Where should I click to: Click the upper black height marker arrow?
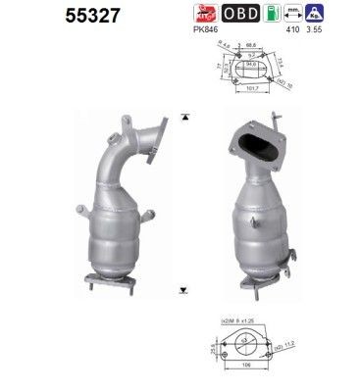pos(184,118)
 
